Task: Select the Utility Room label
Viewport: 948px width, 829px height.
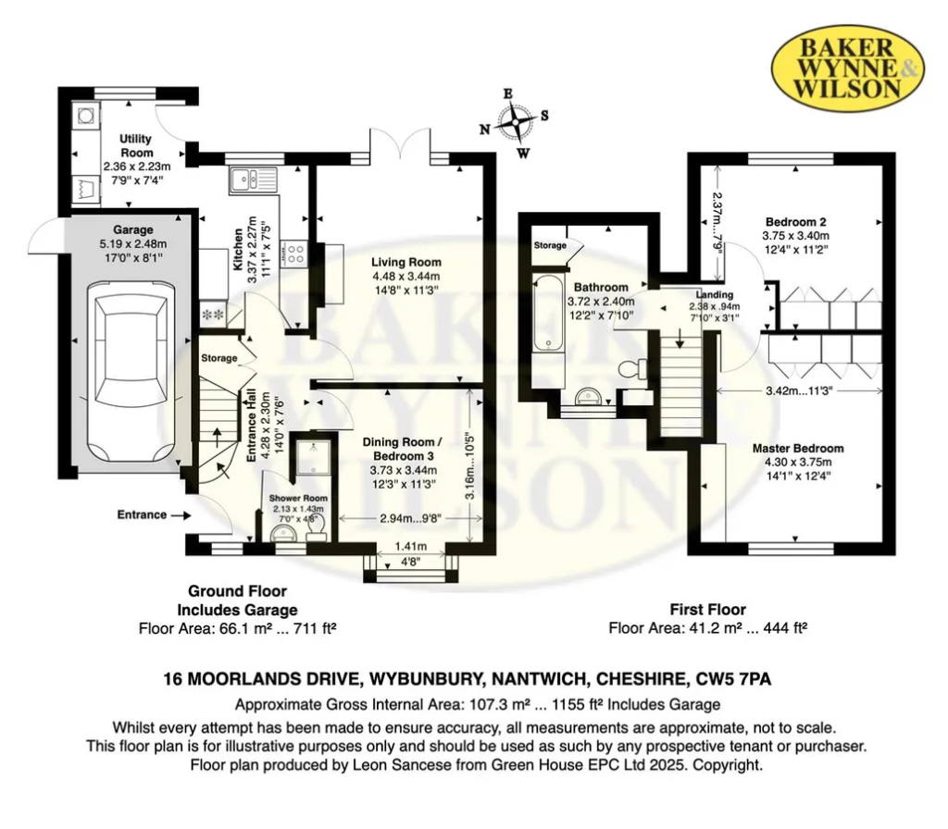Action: (x=136, y=145)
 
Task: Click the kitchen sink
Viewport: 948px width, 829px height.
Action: (x=253, y=179)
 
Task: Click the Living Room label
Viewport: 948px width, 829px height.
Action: (x=405, y=262)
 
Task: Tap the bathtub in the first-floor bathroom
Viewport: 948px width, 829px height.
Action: (x=548, y=314)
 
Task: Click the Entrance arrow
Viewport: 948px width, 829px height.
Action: (x=181, y=515)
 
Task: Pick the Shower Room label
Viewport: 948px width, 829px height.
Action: (x=298, y=499)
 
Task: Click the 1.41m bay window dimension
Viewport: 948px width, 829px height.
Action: (x=410, y=547)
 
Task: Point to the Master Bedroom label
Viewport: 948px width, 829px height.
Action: (x=797, y=449)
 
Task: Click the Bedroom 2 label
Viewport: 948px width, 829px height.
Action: (x=795, y=222)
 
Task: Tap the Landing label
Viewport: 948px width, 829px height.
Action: (x=714, y=295)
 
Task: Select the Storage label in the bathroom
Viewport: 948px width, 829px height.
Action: (x=550, y=245)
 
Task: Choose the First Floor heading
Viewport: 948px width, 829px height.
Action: (x=708, y=609)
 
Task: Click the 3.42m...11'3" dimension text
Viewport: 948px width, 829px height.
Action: (x=799, y=391)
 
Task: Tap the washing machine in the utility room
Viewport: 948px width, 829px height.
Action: (x=84, y=115)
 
